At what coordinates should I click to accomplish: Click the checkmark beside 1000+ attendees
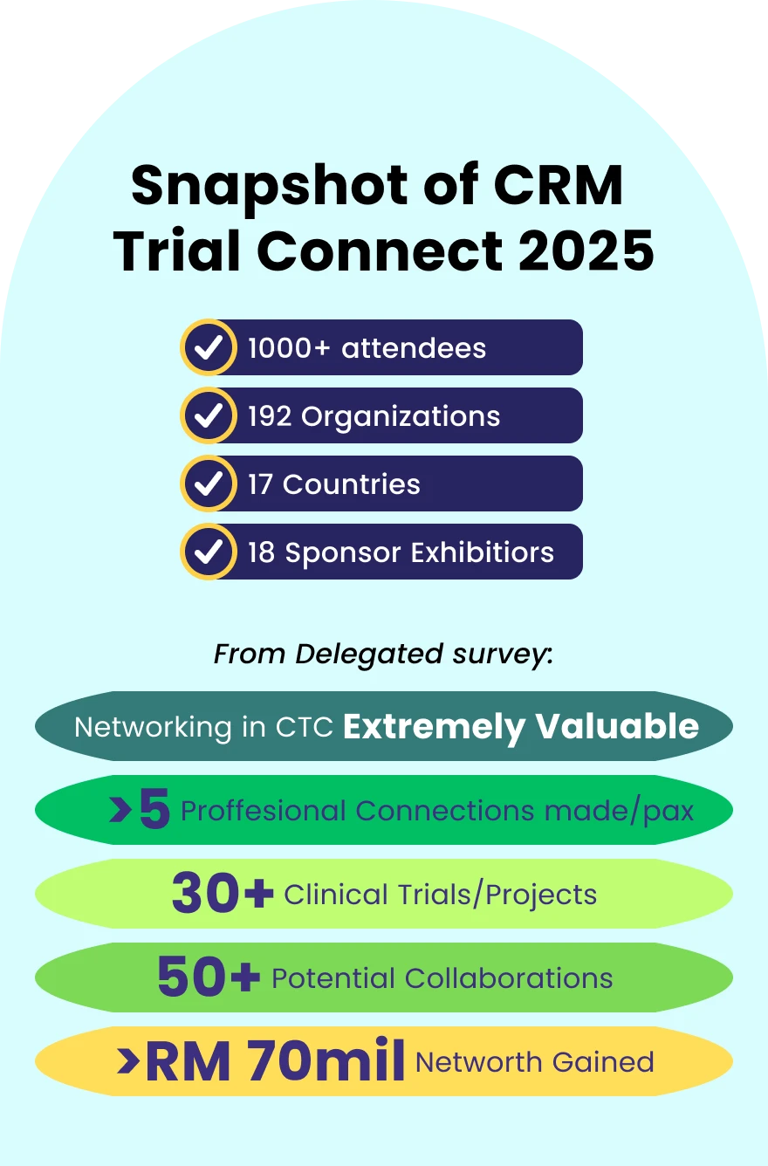[x=208, y=347]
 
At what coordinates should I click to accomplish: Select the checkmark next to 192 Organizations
[x=208, y=415]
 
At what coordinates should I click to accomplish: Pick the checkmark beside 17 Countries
[x=208, y=484]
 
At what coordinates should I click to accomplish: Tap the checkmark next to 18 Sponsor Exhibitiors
[x=208, y=552]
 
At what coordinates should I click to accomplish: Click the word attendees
[x=414, y=348]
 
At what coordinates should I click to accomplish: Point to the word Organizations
[x=401, y=416]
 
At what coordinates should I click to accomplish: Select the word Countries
[x=351, y=484]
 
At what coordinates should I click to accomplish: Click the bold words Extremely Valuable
[x=521, y=727]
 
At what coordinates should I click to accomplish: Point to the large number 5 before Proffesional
[x=154, y=811]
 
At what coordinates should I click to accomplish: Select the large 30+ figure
[x=223, y=894]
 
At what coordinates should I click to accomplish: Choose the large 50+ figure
[x=209, y=977]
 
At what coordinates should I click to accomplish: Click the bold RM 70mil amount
[x=274, y=1061]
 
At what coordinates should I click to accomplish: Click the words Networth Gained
[x=534, y=1062]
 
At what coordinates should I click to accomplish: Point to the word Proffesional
[x=264, y=812]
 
